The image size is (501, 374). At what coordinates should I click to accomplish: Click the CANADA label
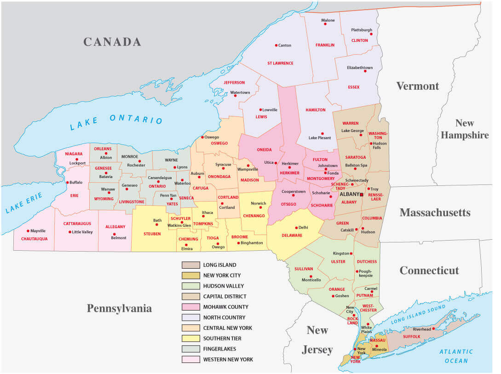[x=112, y=42]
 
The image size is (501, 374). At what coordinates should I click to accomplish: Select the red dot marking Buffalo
[x=68, y=183]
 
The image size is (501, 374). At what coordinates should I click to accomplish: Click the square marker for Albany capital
[x=362, y=195]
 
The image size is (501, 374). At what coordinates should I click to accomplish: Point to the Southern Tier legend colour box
[x=190, y=339]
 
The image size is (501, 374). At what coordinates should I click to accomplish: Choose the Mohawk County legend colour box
[x=190, y=307]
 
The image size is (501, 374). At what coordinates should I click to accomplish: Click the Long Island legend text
[x=219, y=265]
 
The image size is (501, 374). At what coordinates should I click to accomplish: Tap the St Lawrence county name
[x=280, y=63]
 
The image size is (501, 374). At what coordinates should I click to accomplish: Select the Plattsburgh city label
[x=362, y=30]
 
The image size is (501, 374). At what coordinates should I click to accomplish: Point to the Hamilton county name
[x=316, y=110]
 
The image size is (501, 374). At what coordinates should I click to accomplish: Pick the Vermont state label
[x=417, y=86]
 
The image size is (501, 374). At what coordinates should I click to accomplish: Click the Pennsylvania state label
[x=119, y=308]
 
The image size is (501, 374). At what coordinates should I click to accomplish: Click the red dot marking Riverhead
[x=433, y=329]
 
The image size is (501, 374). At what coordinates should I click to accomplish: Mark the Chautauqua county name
[x=31, y=239]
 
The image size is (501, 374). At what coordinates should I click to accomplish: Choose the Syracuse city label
[x=224, y=165]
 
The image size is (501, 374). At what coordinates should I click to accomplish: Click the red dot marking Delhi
[x=295, y=227]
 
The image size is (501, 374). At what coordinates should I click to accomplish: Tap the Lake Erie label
[x=24, y=203]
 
